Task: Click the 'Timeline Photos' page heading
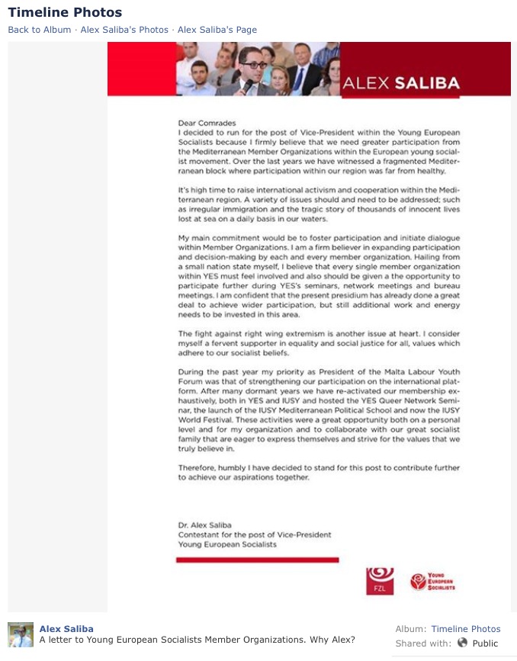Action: pyautogui.click(x=65, y=13)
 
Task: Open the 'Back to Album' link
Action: pyautogui.click(x=40, y=30)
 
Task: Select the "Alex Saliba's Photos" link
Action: pyautogui.click(x=124, y=30)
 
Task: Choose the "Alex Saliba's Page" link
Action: pyautogui.click(x=217, y=30)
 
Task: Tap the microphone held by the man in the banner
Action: pyautogui.click(x=246, y=84)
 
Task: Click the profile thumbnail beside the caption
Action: pyautogui.click(x=21, y=634)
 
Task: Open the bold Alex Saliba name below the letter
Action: pyautogui.click(x=66, y=629)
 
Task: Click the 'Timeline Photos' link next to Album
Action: pyautogui.click(x=466, y=629)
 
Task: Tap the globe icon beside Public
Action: pyautogui.click(x=462, y=643)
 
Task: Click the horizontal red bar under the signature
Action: pyautogui.click(x=257, y=560)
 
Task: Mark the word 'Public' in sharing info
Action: pyautogui.click(x=485, y=643)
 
